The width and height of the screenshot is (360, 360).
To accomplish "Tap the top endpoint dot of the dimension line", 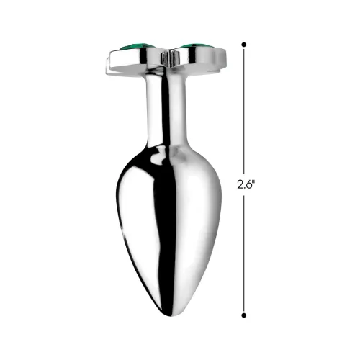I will (244, 45).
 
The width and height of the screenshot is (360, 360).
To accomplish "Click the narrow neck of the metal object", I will (163, 108).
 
